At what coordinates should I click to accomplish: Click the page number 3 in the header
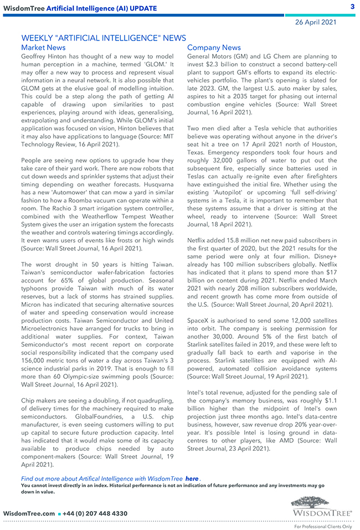(x=352, y=7)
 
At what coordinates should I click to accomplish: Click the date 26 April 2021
(x=316, y=22)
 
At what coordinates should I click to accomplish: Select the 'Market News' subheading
(x=43, y=48)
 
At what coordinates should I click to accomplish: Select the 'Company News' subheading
(x=214, y=48)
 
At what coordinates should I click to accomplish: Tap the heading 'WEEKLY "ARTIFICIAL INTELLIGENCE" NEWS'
(x=103, y=38)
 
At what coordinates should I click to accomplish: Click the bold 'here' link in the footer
(x=192, y=478)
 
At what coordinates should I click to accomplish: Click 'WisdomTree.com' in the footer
(x=29, y=513)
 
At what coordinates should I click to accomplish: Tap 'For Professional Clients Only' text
(x=322, y=526)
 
